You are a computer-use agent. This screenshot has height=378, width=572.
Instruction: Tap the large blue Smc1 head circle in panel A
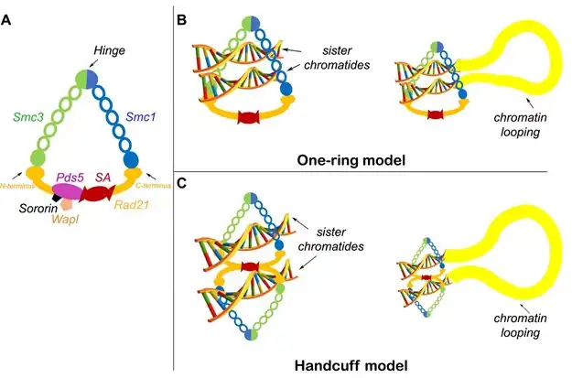[131, 160]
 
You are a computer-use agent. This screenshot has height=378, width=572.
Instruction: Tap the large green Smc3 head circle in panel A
[38, 159]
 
